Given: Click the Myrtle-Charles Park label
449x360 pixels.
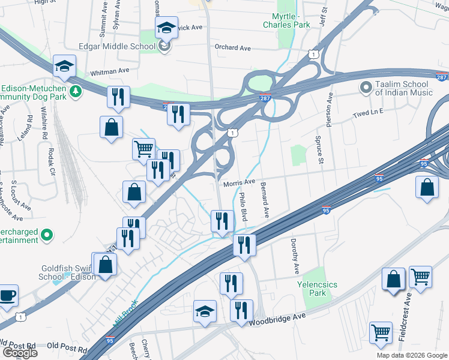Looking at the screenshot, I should click(x=286, y=21).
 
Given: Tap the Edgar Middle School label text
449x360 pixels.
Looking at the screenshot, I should click(x=117, y=46).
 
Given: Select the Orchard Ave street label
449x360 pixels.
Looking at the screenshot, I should click(x=232, y=48).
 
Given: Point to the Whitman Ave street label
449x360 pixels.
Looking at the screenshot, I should click(x=110, y=71).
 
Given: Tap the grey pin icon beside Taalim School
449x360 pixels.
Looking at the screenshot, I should click(x=365, y=88).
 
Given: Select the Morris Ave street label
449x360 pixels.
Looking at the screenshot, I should click(x=240, y=182).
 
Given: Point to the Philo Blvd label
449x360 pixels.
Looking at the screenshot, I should click(x=243, y=207).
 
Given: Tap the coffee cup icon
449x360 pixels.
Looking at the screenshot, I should click(x=8, y=296).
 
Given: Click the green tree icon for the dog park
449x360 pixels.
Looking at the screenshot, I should click(x=76, y=91).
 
